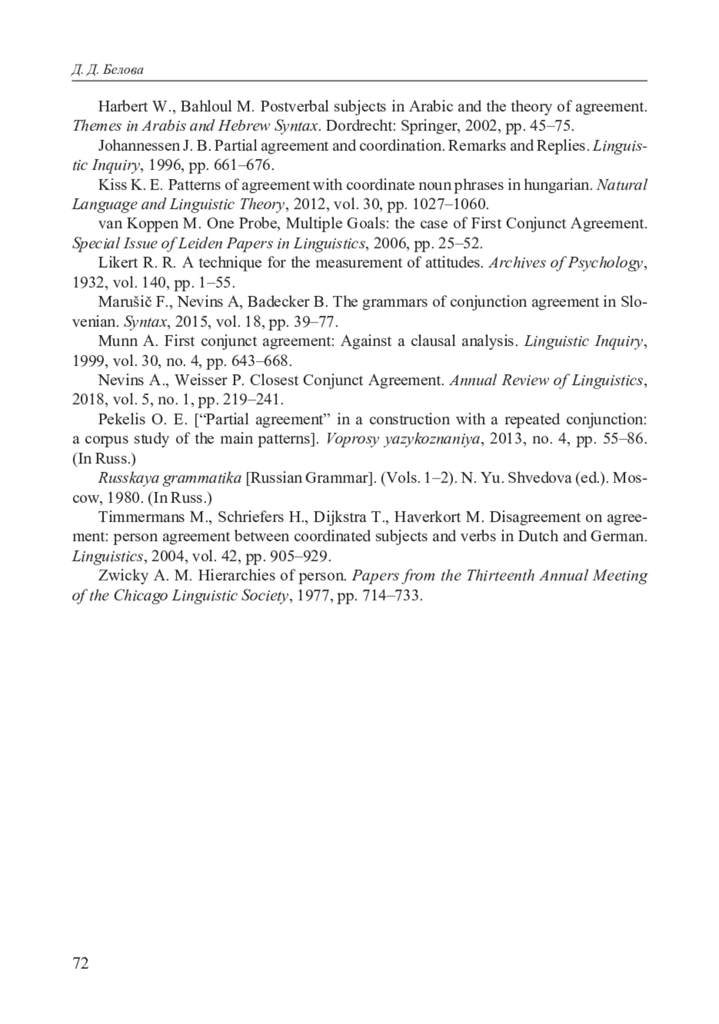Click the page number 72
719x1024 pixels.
80,963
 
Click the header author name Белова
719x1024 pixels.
123,71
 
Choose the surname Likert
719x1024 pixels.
117,263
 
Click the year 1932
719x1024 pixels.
88,283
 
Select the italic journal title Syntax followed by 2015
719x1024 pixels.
145,322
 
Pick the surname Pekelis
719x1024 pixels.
120,419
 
